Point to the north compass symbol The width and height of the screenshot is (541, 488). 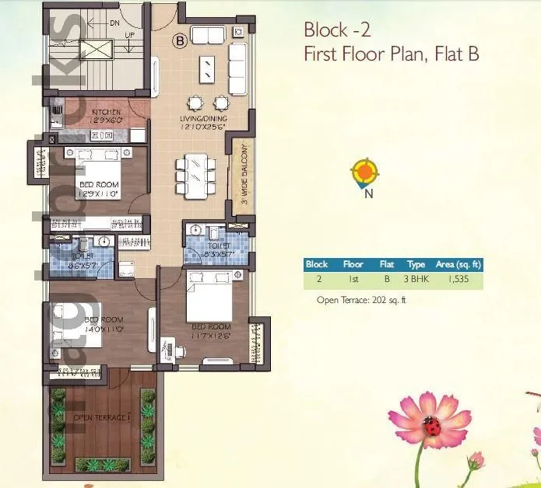click(x=364, y=173)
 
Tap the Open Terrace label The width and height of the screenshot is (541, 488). click(x=100, y=418)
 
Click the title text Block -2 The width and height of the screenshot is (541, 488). click(x=336, y=30)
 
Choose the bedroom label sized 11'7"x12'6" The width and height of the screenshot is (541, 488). click(x=211, y=331)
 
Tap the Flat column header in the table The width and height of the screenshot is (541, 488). click(x=386, y=263)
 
